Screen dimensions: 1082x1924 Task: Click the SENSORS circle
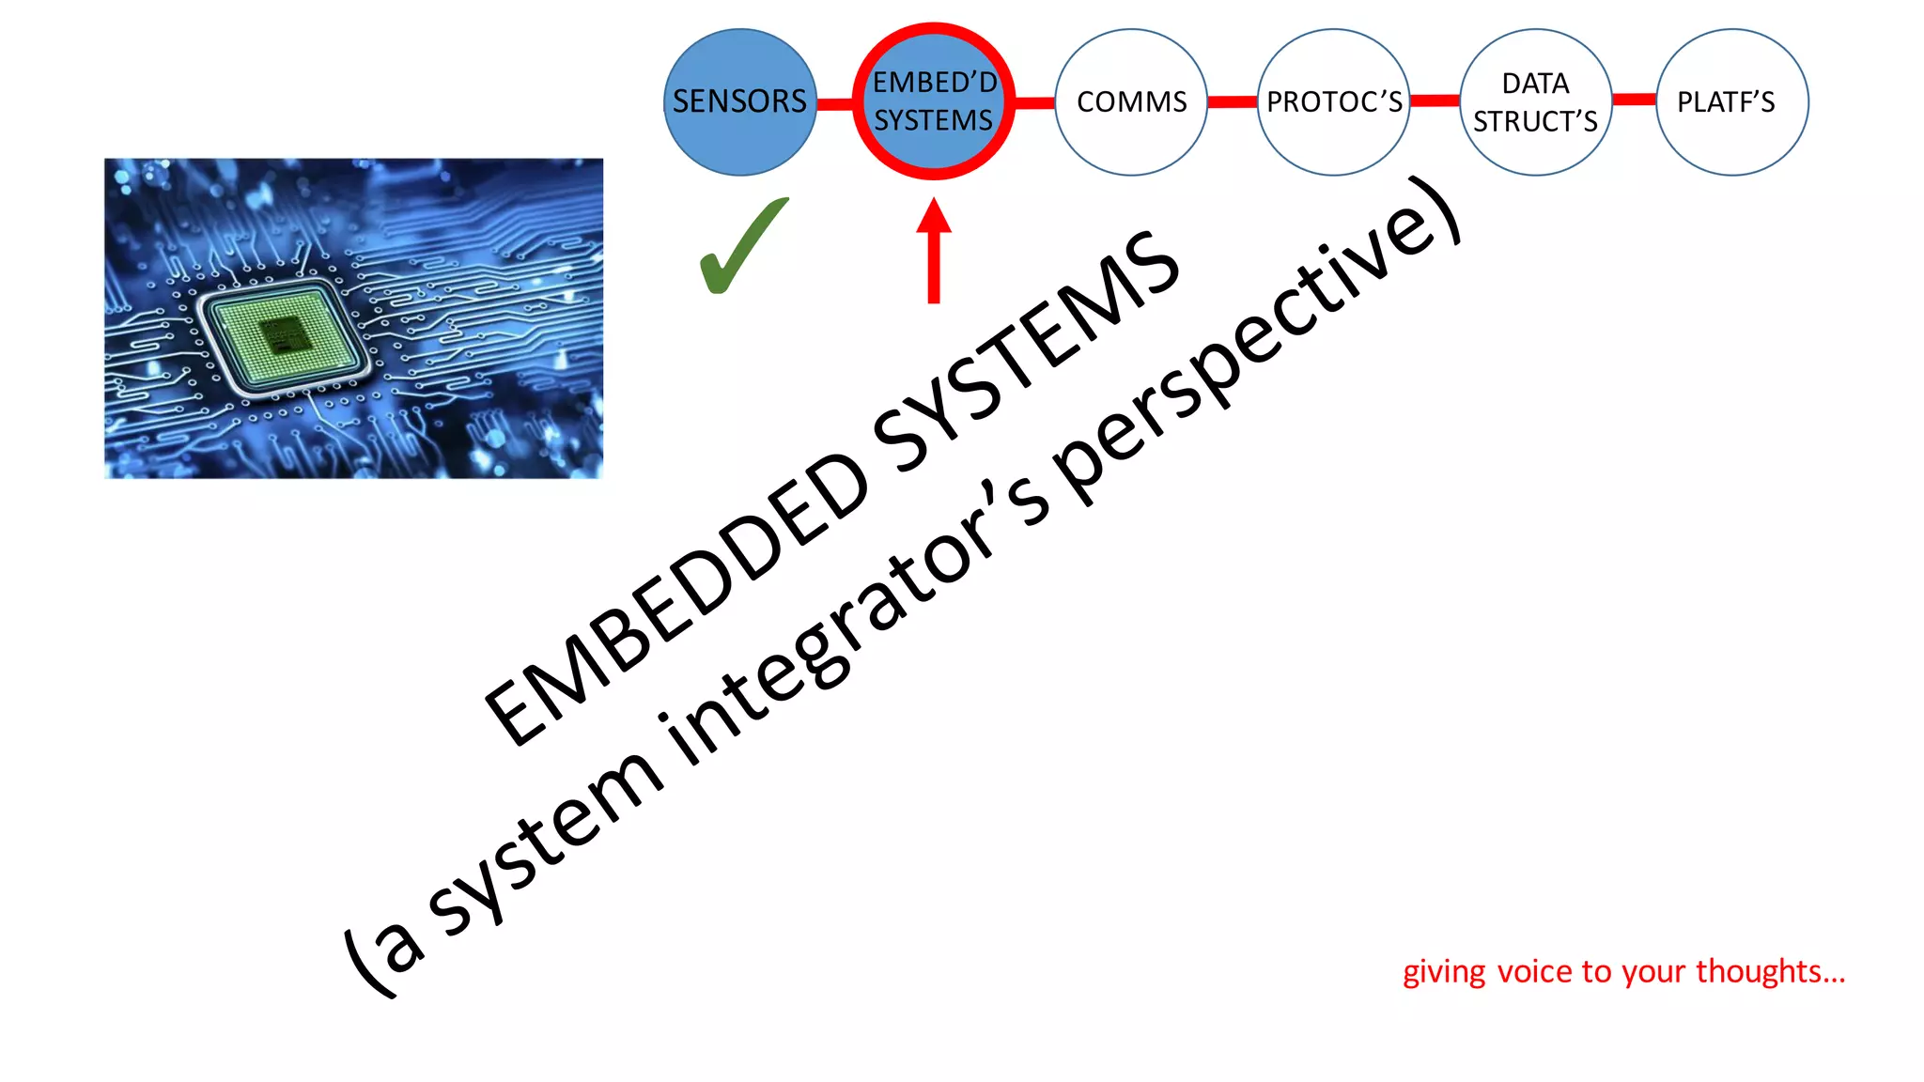point(739,101)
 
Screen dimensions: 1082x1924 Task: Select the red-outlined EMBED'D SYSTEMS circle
point(933,101)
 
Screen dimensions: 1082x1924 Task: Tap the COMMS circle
point(1131,101)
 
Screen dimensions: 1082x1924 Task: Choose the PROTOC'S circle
point(1333,101)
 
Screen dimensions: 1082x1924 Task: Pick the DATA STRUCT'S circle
point(1535,101)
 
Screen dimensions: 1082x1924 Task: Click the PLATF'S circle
point(1730,101)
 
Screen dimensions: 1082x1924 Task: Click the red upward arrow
point(933,252)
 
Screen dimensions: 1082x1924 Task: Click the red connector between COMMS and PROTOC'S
point(1232,101)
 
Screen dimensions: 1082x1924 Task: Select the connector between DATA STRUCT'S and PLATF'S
point(1634,99)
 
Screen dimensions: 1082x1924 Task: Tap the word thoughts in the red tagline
point(1770,971)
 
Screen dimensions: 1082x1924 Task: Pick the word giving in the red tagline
point(1444,973)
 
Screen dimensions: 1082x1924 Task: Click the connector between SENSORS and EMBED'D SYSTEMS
point(834,103)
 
